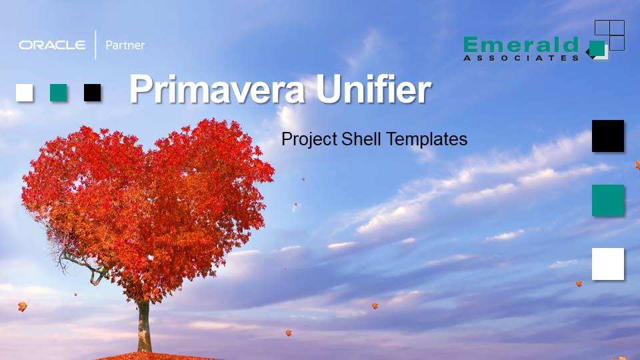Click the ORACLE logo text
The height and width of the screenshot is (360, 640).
[52, 45]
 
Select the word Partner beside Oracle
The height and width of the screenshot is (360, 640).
[125, 45]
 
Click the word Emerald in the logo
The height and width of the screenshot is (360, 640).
[521, 45]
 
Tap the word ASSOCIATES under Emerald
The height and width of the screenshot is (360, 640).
[521, 58]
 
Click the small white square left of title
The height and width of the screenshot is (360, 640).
[25, 93]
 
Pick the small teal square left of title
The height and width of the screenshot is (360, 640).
[59, 93]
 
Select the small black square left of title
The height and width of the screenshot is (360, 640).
[93, 93]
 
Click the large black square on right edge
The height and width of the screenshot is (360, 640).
[608, 136]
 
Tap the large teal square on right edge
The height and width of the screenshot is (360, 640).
[608, 201]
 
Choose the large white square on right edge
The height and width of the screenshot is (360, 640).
[608, 264]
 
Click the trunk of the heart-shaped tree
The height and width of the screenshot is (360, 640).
[144, 327]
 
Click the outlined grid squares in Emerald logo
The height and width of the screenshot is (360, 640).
[610, 35]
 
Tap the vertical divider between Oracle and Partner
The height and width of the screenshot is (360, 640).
[95, 45]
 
